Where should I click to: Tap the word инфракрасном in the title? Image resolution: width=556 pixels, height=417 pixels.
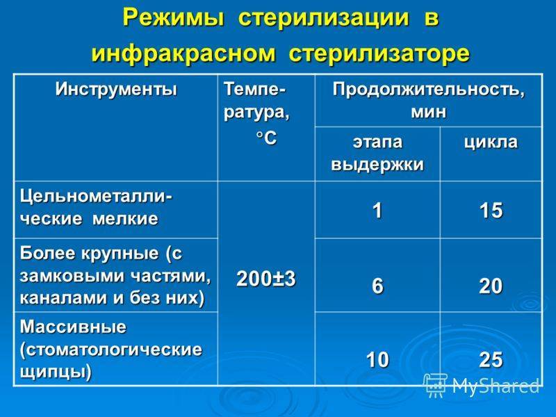[x=183, y=54]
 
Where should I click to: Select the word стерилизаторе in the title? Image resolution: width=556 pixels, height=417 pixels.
[x=379, y=54]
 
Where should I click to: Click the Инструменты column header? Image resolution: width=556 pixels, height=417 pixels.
[x=116, y=90]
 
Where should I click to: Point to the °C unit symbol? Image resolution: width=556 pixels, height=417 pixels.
[x=266, y=138]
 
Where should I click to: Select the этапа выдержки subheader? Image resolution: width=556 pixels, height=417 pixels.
[x=377, y=153]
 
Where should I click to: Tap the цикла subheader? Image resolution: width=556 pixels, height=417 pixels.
[x=491, y=142]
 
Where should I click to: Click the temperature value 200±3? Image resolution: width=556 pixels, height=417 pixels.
[x=266, y=279]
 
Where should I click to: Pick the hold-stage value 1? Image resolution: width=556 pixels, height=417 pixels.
[x=377, y=210]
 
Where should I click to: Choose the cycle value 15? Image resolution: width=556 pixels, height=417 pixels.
[x=491, y=210]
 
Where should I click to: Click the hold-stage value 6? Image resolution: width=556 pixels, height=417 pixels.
[x=377, y=286]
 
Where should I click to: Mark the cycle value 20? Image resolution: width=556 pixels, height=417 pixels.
[x=491, y=286]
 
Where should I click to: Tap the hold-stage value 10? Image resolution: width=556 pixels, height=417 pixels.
[x=377, y=359]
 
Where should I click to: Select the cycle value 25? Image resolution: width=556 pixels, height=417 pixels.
[x=491, y=359]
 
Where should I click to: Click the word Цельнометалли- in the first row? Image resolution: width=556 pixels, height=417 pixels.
[x=97, y=196]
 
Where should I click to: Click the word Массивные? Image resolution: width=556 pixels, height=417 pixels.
[x=73, y=327]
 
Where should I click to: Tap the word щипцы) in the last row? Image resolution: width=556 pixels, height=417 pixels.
[x=56, y=373]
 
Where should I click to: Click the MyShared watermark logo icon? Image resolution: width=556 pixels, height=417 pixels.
[x=436, y=385]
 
